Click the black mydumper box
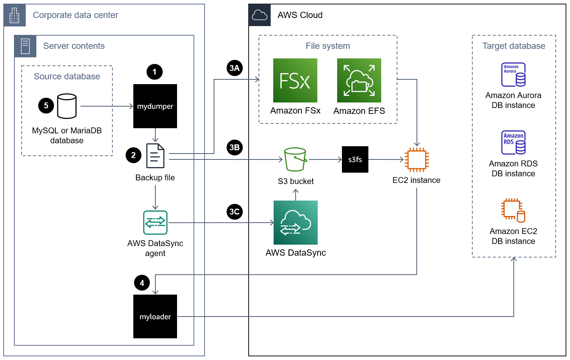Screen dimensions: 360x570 [155, 106]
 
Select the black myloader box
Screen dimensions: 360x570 [155, 316]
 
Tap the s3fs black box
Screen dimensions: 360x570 [355, 159]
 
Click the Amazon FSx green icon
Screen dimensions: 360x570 [295, 80]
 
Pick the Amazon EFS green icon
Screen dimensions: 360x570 [359, 80]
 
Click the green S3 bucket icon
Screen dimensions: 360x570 [295, 159]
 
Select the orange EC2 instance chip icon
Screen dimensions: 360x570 [416, 160]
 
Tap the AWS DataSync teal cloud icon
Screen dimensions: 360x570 [295, 223]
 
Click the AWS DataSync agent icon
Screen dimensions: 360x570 [155, 223]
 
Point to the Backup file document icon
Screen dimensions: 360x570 [155, 156]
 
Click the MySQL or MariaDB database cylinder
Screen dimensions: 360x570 [67, 106]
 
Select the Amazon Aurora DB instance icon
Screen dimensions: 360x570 [513, 75]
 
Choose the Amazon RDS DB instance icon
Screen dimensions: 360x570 [513, 143]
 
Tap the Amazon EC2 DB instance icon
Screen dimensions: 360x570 [513, 210]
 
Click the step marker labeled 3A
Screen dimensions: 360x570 [234, 68]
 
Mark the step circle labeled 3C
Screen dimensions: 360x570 [234, 212]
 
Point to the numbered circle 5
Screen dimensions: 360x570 [46, 106]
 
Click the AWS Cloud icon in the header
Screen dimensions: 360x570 [260, 15]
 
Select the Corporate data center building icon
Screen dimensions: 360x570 [15, 15]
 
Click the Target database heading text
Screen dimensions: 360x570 [513, 46]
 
